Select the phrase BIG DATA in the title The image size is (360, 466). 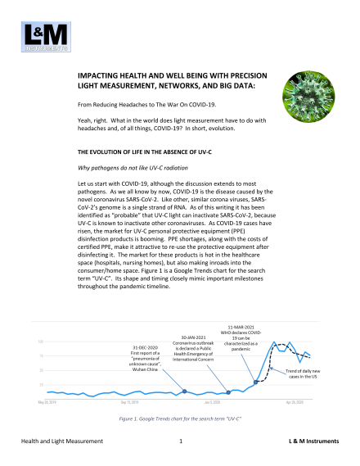211,85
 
